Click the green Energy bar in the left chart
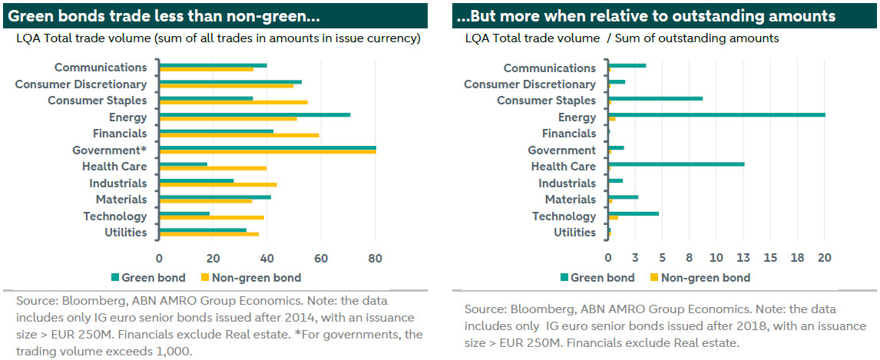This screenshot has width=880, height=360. [x=254, y=115]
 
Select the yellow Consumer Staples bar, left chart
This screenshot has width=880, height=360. [x=233, y=102]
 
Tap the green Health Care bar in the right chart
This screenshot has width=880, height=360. [x=676, y=164]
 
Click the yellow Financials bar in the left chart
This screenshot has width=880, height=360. [x=239, y=135]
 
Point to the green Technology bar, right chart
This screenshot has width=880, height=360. [x=633, y=213]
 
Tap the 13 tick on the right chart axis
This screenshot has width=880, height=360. [x=743, y=257]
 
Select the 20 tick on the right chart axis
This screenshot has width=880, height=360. [x=824, y=257]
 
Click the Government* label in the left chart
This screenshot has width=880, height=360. [x=109, y=150]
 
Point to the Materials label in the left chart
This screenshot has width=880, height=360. [x=121, y=200]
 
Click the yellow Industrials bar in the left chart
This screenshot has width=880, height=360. [x=217, y=185]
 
